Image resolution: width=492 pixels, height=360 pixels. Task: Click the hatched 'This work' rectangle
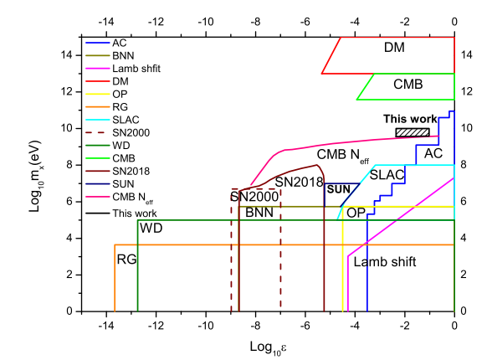(413, 132)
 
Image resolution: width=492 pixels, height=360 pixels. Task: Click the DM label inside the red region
(394, 48)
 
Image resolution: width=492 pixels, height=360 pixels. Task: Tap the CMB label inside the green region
(408, 84)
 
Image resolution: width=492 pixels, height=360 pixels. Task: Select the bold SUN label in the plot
(338, 189)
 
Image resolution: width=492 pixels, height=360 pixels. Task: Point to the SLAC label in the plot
(387, 175)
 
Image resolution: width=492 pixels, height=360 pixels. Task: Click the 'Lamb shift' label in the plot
(385, 262)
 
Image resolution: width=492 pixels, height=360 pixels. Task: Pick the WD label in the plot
(151, 229)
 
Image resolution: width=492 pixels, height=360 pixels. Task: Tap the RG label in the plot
(126, 260)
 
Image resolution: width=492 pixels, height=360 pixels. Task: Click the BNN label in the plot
(259, 213)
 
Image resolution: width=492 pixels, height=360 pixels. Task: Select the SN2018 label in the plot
(299, 182)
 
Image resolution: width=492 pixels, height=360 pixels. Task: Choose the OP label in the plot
(356, 213)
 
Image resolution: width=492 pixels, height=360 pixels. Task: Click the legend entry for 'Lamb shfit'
(123, 69)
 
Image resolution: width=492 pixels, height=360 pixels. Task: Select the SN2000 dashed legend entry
(117, 133)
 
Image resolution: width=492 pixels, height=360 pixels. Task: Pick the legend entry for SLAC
(112, 120)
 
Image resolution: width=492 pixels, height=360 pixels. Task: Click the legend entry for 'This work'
(120, 213)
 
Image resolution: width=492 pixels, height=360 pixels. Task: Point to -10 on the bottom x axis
(206, 326)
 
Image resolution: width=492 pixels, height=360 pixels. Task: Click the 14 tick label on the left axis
(66, 55)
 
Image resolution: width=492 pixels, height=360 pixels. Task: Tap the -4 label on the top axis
(355, 22)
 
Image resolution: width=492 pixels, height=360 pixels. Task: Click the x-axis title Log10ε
(268, 348)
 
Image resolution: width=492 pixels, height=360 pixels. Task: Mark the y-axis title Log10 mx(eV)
(35, 177)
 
